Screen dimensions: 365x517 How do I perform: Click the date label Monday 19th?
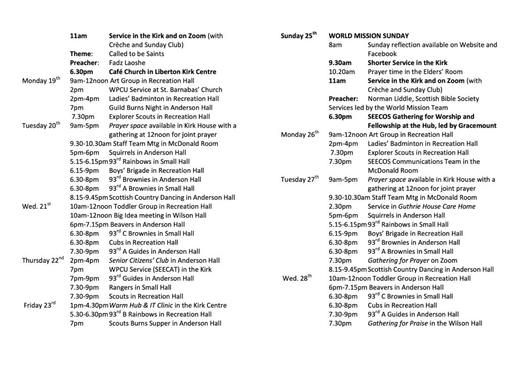[41, 81]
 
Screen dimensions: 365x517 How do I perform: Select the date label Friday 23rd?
[40, 306]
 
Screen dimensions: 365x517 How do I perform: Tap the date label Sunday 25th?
[298, 36]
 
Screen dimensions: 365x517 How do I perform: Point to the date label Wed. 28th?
[297, 278]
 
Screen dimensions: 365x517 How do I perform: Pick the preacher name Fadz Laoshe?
[127, 63]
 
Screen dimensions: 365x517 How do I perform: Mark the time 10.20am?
[341, 72]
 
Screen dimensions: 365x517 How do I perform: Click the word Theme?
[81, 54]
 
